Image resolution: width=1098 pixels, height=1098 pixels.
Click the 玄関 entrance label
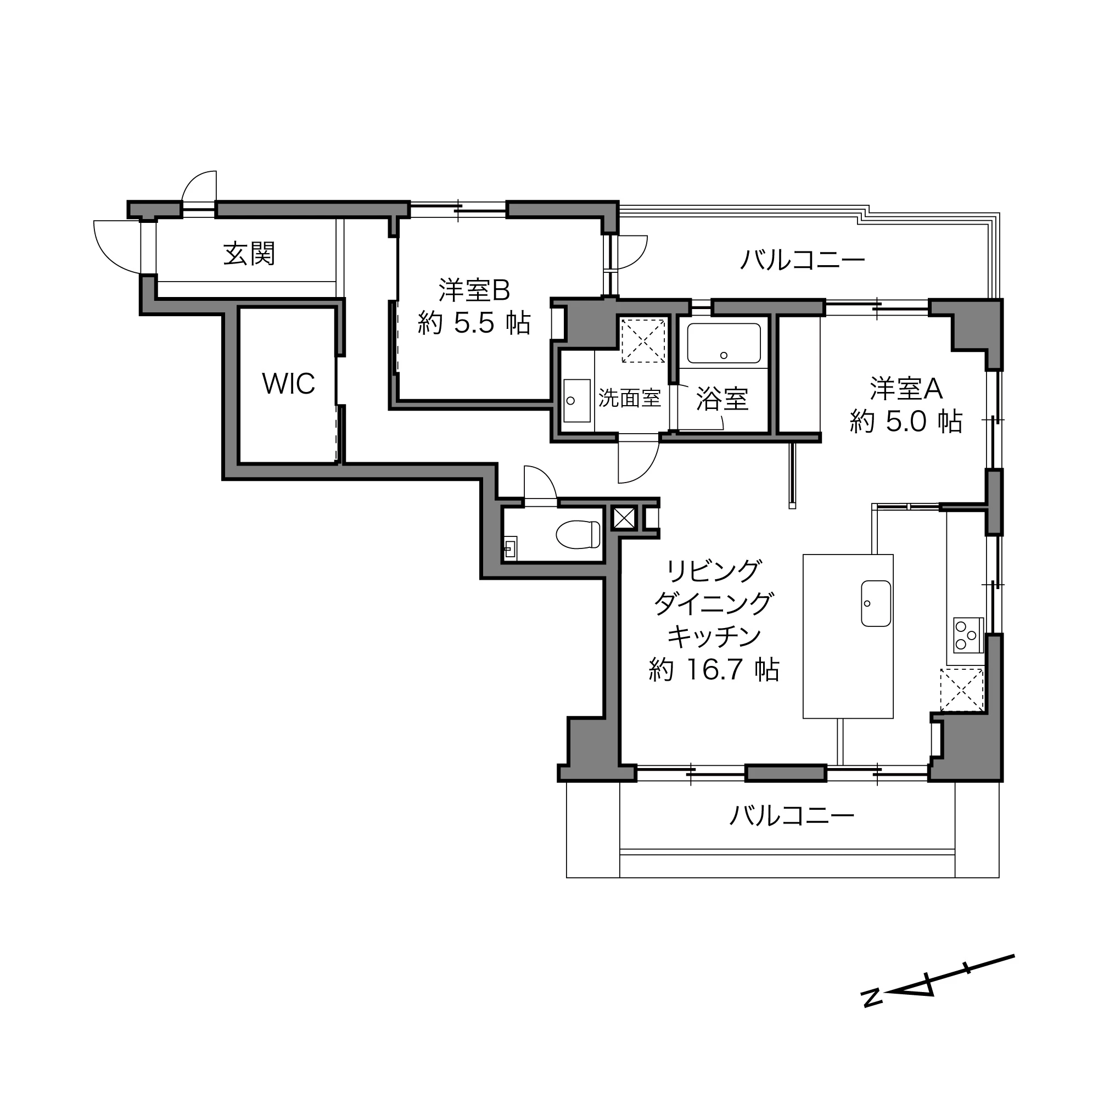[x=249, y=254]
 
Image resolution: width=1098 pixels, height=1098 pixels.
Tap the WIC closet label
[x=288, y=384]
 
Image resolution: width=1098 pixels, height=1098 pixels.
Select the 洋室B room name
[x=474, y=290]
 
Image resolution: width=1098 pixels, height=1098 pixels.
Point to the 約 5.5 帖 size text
[x=474, y=323]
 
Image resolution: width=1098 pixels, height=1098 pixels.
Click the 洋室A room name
[x=906, y=389]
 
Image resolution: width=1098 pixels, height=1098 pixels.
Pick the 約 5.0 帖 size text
[x=906, y=422]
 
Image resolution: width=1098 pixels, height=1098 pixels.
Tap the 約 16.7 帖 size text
[x=714, y=670]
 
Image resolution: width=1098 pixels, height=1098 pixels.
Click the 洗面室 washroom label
[x=629, y=399]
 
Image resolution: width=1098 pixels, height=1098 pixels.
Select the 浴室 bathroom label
[x=722, y=399]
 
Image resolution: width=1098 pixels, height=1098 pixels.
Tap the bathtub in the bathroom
[x=724, y=343]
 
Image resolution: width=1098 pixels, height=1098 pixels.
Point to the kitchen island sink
[x=876, y=603]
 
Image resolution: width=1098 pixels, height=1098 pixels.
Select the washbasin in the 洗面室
[x=576, y=400]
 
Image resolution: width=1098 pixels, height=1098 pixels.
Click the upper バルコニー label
[x=802, y=261]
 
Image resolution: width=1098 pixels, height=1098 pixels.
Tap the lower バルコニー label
[x=791, y=816]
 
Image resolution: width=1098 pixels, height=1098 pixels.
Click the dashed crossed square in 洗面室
[x=643, y=341]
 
